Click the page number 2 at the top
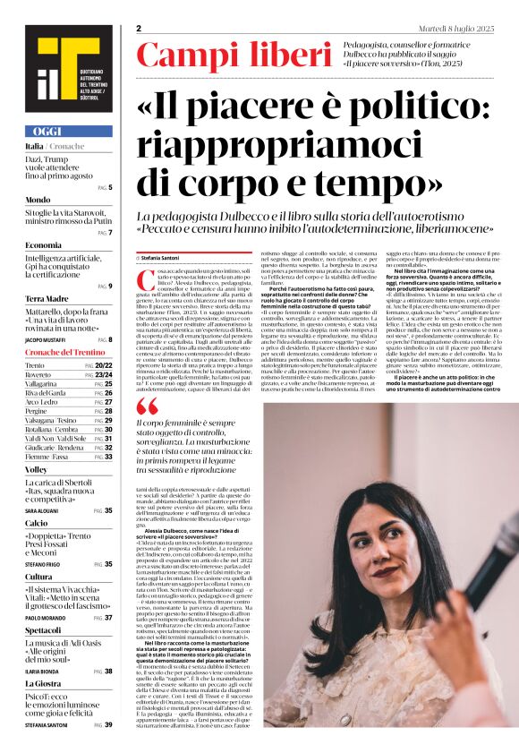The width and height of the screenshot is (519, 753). [140, 29]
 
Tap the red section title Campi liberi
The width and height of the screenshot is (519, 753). [234, 56]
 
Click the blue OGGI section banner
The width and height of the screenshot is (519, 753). [68, 131]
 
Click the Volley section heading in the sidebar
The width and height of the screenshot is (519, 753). [37, 469]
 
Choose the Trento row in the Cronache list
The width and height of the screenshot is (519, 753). [36, 366]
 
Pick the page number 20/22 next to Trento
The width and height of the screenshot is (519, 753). [104, 366]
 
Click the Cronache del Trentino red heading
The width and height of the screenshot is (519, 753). [64, 354]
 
